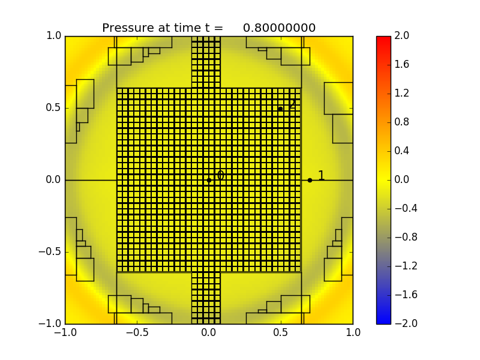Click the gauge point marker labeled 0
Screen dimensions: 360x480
tap(209, 180)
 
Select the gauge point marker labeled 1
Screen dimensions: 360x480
tap(310, 180)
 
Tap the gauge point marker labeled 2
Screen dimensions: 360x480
tap(280, 109)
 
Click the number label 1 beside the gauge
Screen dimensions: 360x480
tap(321, 176)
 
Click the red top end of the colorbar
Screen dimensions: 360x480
tap(383, 39)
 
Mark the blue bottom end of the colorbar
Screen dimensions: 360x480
tap(383, 320)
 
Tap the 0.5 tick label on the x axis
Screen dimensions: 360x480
tap(281, 333)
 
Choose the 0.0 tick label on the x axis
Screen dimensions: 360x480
tap(209, 333)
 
